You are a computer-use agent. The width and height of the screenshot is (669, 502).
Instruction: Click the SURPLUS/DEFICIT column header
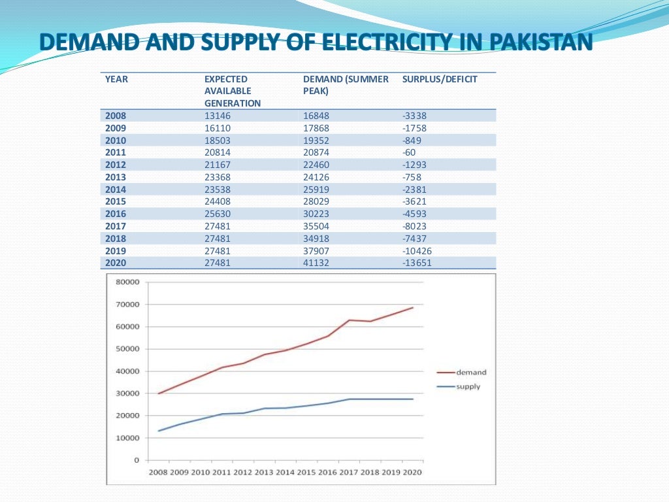pyautogui.click(x=440, y=79)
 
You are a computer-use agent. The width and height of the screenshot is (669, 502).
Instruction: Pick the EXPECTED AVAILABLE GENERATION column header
pyautogui.click(x=232, y=91)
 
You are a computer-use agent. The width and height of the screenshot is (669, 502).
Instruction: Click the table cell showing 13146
pyautogui.click(x=218, y=116)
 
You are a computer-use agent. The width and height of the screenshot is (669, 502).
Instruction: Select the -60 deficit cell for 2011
pyautogui.click(x=409, y=152)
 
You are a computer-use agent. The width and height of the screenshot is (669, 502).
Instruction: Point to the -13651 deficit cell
pyautogui.click(x=417, y=263)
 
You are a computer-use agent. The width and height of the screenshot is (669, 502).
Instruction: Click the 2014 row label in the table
pyautogui.click(x=116, y=190)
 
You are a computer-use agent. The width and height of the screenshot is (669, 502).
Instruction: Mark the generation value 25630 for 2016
pyautogui.click(x=218, y=214)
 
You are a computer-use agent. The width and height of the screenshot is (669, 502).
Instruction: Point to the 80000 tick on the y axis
pyautogui.click(x=128, y=282)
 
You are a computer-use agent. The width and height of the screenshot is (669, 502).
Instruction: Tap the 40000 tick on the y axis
pyautogui.click(x=128, y=371)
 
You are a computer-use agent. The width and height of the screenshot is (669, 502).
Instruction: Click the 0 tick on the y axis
pyautogui.click(x=137, y=460)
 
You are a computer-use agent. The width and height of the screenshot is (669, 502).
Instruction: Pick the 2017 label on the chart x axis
pyautogui.click(x=349, y=472)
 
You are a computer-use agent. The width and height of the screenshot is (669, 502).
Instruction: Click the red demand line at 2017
pyautogui.click(x=349, y=320)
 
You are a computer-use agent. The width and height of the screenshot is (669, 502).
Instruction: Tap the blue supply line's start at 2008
pyautogui.click(x=159, y=431)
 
